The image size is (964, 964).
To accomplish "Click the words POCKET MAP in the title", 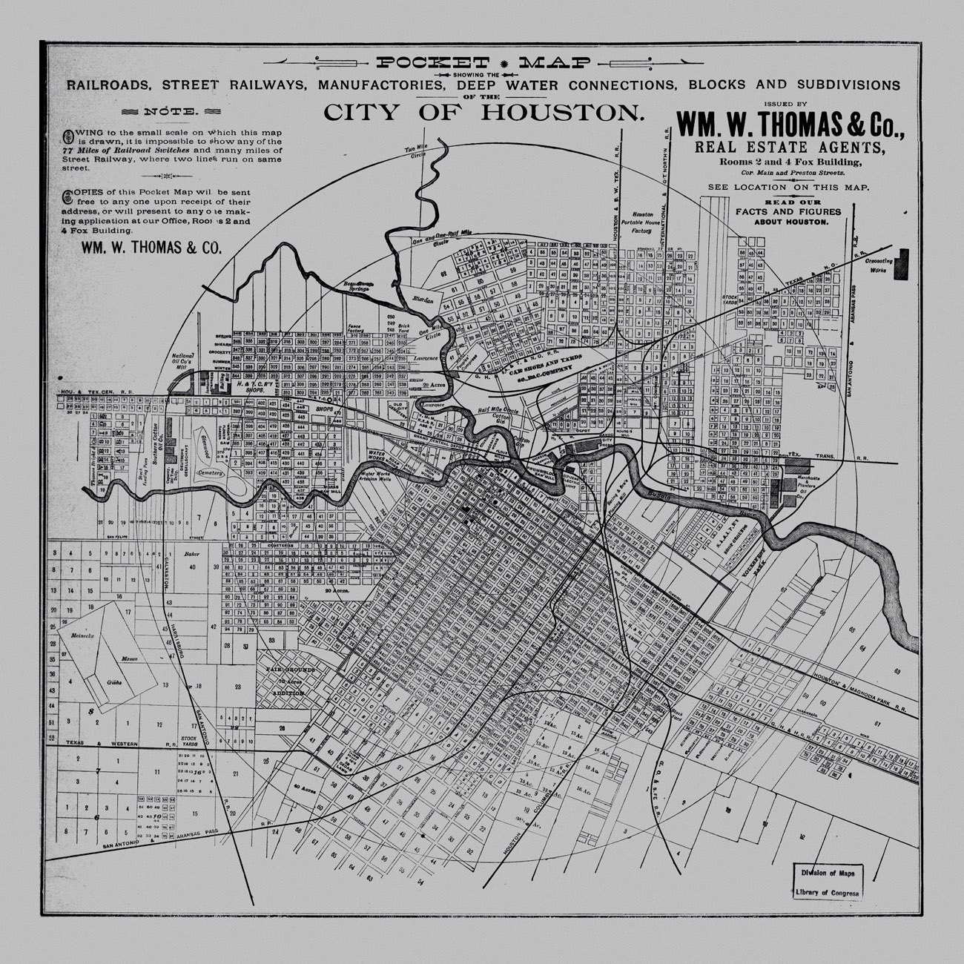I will click(x=483, y=64).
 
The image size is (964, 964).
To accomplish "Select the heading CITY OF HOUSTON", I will click(x=482, y=113).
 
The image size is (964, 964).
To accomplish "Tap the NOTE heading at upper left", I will click(x=171, y=113).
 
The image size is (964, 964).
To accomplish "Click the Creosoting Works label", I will click(x=879, y=266).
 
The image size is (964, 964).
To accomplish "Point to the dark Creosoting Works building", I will click(x=902, y=265).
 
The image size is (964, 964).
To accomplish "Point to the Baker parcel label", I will click(x=192, y=553).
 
